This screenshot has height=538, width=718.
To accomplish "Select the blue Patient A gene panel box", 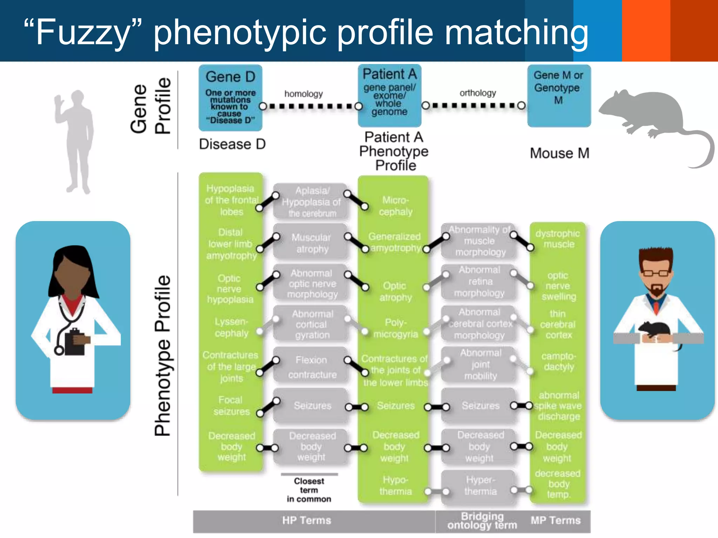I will coord(389,95).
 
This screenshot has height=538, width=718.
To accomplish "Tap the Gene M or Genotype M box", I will coord(559,95).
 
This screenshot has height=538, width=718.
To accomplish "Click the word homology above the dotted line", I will coord(303,94).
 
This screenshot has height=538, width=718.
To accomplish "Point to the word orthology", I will coord(478,93).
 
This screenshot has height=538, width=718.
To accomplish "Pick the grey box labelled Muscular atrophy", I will coord(311,243).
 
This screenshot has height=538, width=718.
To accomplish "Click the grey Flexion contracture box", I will coord(311,367).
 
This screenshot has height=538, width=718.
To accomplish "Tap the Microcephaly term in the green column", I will coord(395,206).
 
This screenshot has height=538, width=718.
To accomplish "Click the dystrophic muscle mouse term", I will coord(558,239).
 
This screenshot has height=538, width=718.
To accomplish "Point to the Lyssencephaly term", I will coord(231,327).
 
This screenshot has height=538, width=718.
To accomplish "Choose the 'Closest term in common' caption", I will coord(309,490).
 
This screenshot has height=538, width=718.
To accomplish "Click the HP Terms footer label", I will coord(306,520).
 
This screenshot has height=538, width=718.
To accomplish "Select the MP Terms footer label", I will coord(555,520).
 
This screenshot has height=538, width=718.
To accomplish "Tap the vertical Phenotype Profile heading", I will coord(163,356).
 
